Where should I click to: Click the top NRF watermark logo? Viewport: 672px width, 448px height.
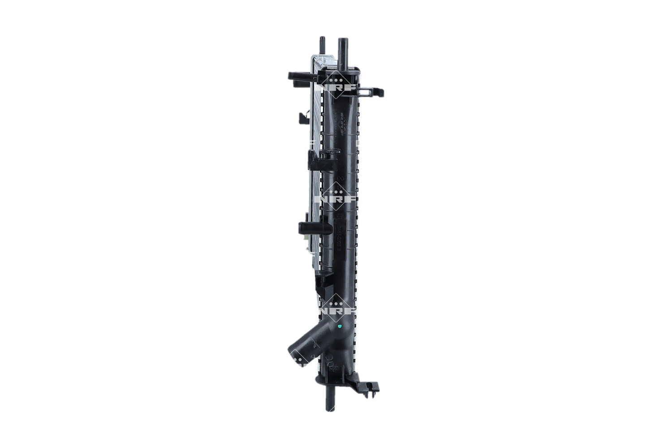[x=336, y=82]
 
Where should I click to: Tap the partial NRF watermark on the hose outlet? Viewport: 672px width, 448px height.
[x=299, y=358]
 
